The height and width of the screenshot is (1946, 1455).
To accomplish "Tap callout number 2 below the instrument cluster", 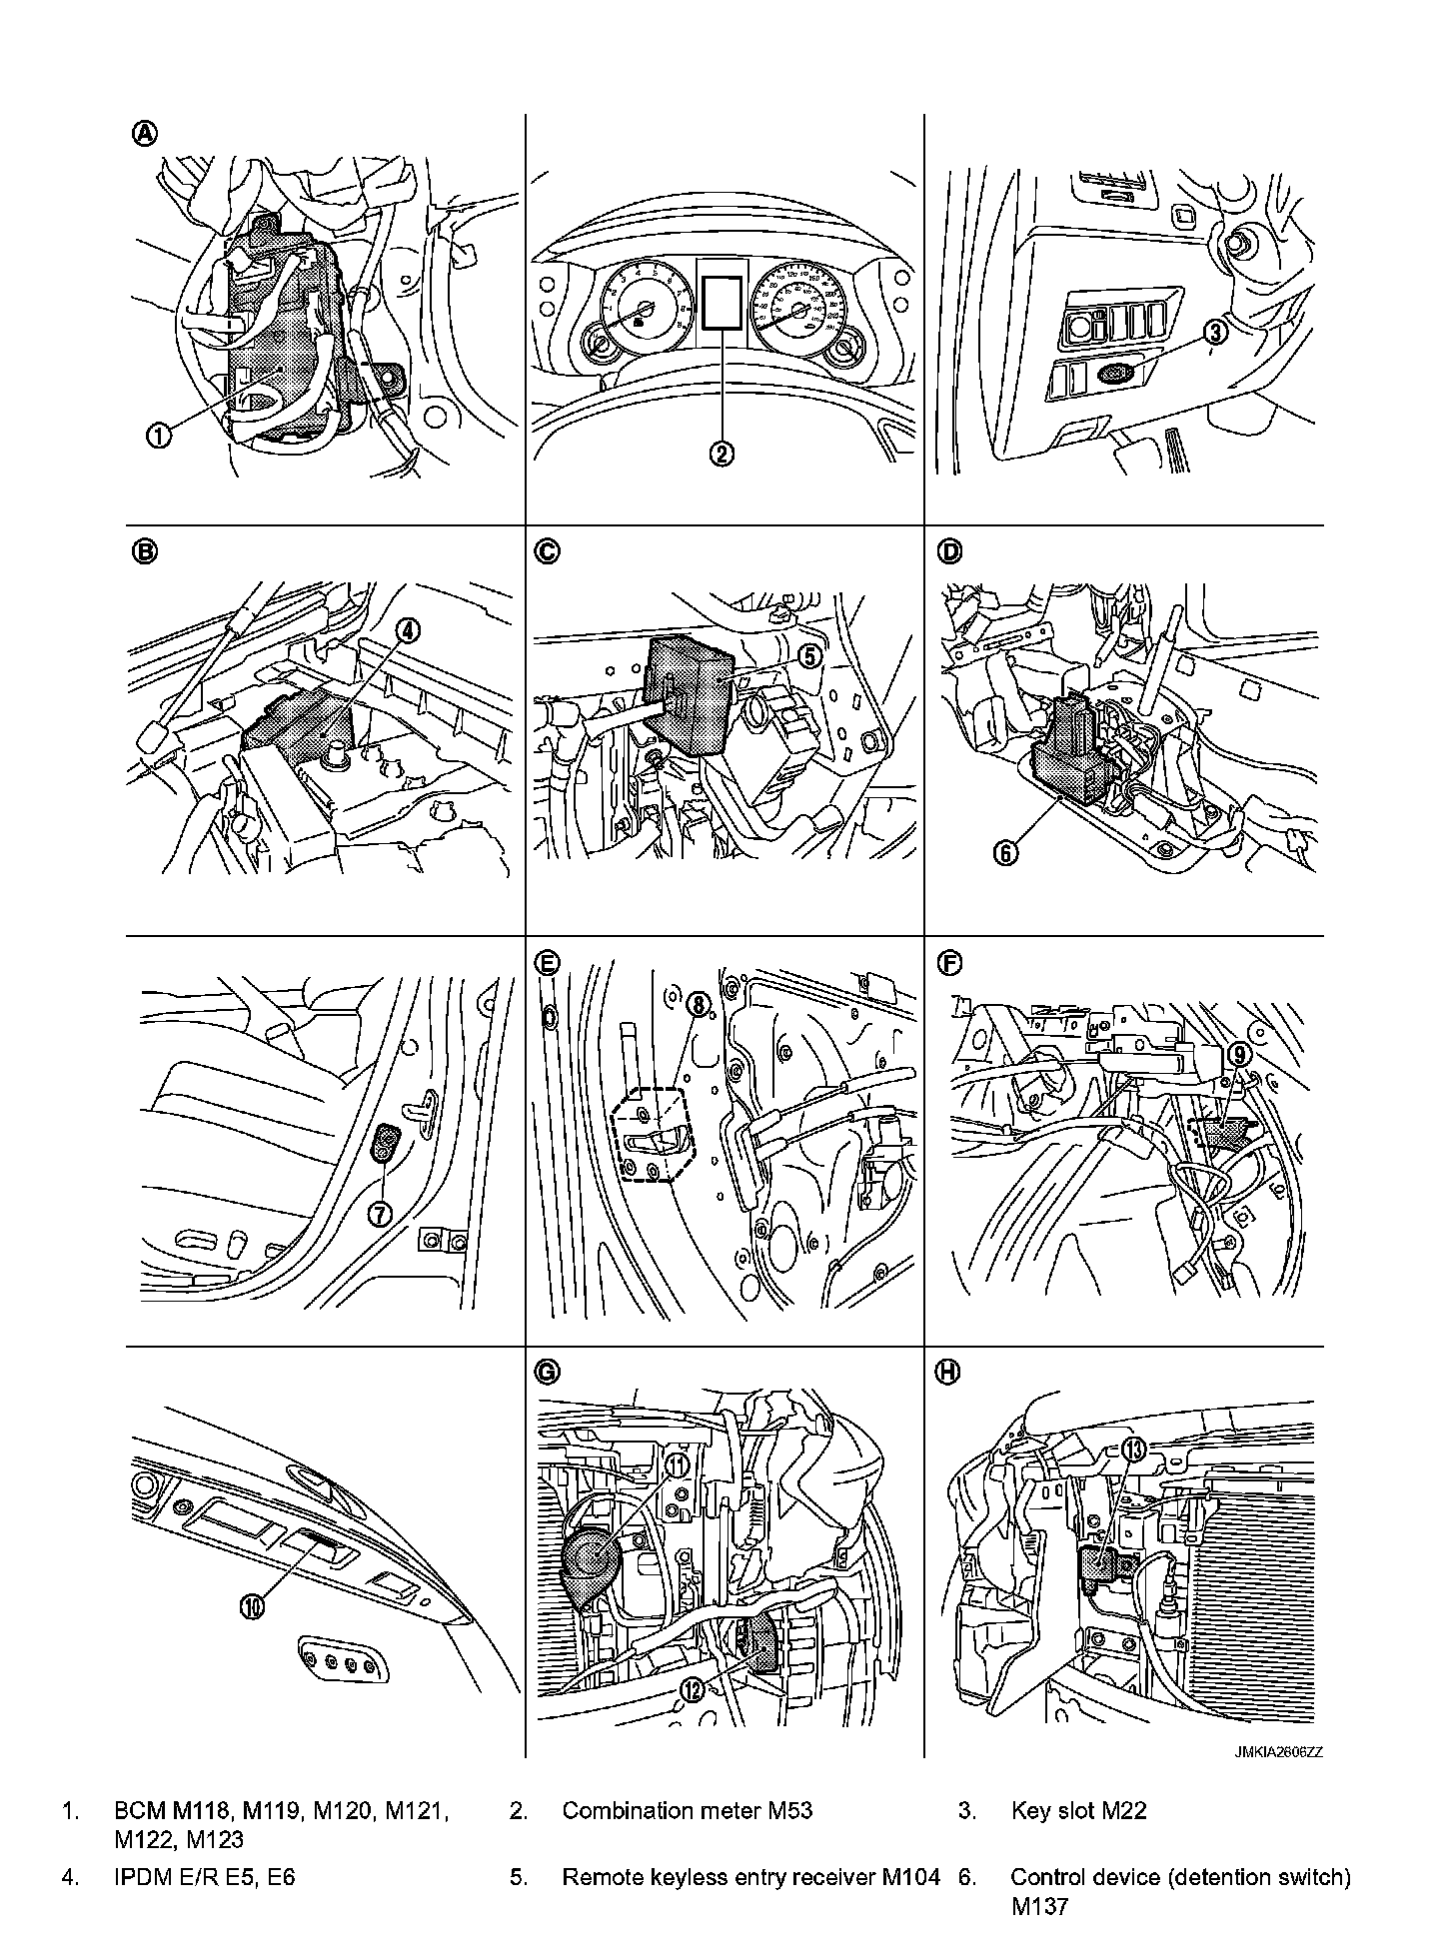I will (722, 453).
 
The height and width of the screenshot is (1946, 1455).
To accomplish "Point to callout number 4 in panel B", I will (408, 629).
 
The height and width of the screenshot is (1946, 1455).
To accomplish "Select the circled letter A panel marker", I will (146, 134).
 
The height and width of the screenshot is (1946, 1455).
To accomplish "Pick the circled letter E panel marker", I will (547, 962).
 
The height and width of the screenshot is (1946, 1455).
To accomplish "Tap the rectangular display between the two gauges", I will (723, 302).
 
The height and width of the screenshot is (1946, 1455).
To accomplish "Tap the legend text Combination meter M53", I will (688, 1810).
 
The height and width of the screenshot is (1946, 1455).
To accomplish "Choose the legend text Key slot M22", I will (1078, 1810).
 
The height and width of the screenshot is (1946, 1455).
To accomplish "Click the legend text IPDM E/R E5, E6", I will (205, 1876).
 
